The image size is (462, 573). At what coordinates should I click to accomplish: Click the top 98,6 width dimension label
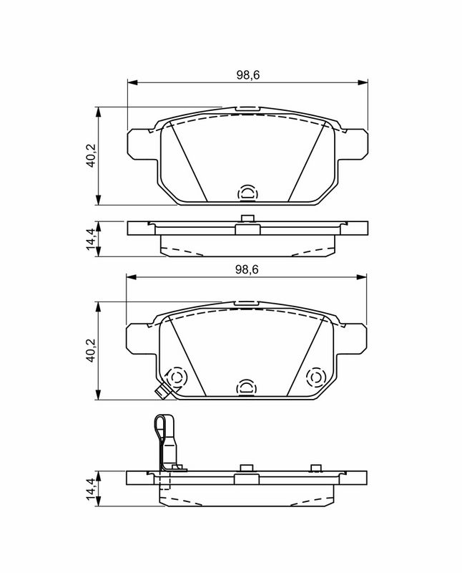coord(247,75)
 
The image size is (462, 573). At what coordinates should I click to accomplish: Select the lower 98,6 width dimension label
coord(247,270)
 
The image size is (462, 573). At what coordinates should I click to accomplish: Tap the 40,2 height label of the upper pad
coord(91,155)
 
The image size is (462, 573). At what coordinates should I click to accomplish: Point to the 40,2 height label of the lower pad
coord(91,350)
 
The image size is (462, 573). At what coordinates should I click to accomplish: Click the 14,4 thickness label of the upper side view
coord(91,239)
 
